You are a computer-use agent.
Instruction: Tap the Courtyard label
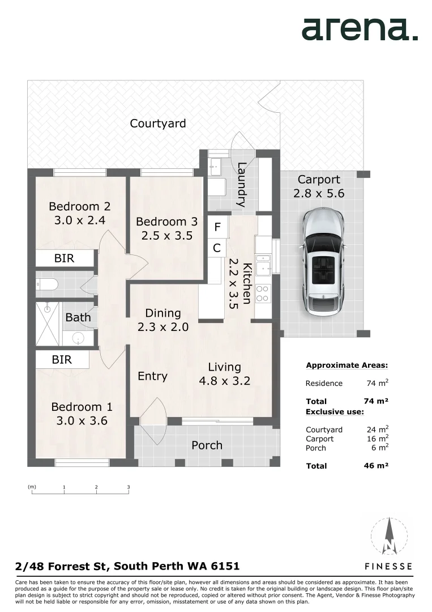coord(157,124)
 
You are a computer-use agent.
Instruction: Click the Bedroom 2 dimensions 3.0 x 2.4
coord(79,220)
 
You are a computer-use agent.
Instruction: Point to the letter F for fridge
coord(217,227)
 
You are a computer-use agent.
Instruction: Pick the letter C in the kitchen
coord(217,248)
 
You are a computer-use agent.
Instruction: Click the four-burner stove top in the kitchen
coord(262,294)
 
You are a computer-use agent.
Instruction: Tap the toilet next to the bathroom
coord(47,284)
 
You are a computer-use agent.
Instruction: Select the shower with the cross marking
coord(48,324)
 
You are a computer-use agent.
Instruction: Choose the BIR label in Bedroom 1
coord(62,359)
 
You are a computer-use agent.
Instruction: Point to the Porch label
coord(207,445)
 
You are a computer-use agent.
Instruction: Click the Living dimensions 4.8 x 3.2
coord(225,381)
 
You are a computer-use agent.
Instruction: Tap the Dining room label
coord(163,313)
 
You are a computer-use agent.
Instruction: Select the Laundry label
coord(242,185)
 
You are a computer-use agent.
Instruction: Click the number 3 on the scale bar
coord(129,487)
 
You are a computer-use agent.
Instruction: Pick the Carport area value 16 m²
coord(378,439)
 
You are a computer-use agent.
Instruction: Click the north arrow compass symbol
coord(390,536)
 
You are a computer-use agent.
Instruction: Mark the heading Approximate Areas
coord(347,365)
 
